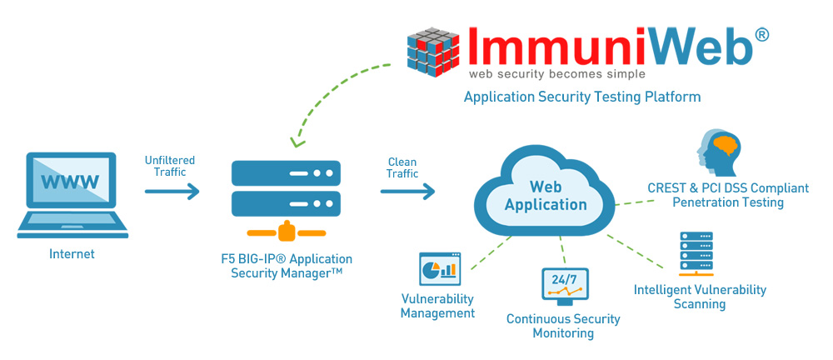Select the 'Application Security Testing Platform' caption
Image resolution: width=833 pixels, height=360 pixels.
[581, 97]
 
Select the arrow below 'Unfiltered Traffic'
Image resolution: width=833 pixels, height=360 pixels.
[172, 192]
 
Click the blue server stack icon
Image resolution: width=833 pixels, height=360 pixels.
[285, 188]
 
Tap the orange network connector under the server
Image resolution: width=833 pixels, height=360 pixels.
[285, 230]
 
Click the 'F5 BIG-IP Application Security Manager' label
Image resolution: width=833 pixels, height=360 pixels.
[285, 267]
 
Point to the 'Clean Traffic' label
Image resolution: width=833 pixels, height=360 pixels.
[402, 167]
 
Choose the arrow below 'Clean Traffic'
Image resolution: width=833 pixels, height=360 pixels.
[407, 192]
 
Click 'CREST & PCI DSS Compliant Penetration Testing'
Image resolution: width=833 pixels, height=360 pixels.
[727, 196]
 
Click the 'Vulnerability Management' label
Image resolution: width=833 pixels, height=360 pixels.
[437, 306]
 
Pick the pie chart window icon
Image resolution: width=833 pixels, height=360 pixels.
[439, 268]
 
